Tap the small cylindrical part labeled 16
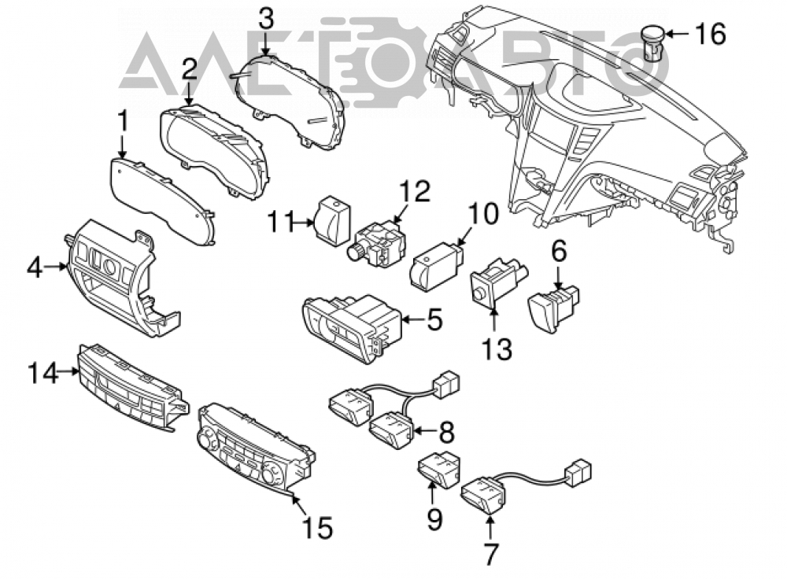pos(653,43)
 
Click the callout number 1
pos(123,122)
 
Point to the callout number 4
pos(35,267)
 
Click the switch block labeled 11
pos(332,219)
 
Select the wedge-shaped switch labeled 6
pos(553,307)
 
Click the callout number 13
pos(497,349)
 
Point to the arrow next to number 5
pos(412,319)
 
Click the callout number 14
pos(42,373)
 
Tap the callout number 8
pos(446,431)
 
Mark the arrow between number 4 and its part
pos(55,267)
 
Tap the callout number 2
pos(189,70)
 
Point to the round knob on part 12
pos(357,250)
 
